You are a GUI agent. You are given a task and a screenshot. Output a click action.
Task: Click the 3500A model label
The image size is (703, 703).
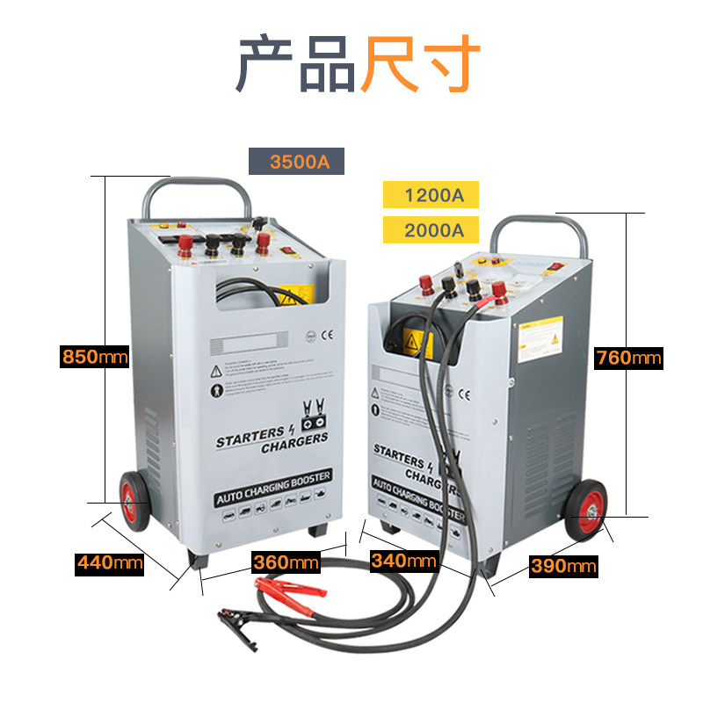(x=294, y=163)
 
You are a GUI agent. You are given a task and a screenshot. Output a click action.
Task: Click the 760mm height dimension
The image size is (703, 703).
(x=628, y=358)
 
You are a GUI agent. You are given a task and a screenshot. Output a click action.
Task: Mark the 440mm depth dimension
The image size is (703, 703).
(x=109, y=562)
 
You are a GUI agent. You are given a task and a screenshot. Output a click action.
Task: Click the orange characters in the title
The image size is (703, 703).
(x=419, y=63)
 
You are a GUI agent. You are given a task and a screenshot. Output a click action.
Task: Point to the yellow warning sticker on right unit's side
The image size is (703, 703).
(x=539, y=340)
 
